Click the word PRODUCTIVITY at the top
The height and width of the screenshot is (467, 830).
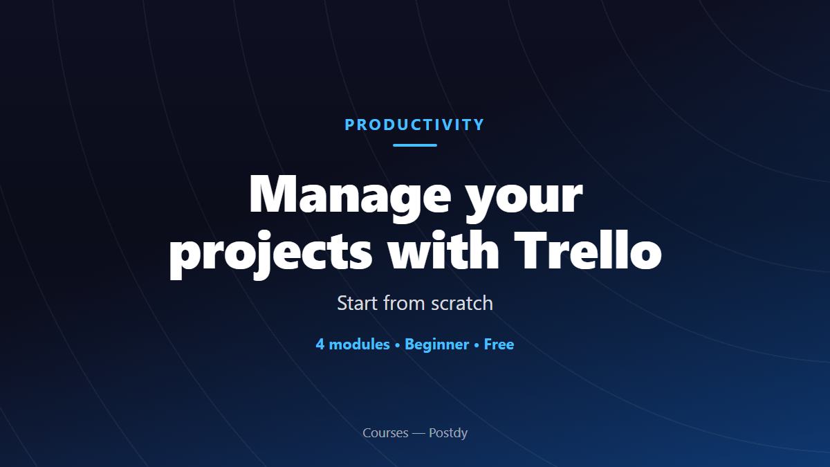coord(414,125)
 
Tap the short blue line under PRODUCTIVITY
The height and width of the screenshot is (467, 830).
coord(415,145)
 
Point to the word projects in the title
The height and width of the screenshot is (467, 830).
coord(271,254)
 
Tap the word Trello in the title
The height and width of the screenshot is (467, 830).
coord(588,249)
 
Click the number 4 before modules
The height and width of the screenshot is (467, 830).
coord(320,345)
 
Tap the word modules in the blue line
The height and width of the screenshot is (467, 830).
coord(359,345)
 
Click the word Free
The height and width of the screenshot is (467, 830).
coord(499,345)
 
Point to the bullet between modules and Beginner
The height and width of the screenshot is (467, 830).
coord(397,345)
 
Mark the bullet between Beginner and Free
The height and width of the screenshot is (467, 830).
coord(477,345)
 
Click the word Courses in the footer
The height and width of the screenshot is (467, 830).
coord(385,433)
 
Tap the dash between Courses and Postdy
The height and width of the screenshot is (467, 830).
coord(418,434)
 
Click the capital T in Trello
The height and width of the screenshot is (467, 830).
coord(529,250)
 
